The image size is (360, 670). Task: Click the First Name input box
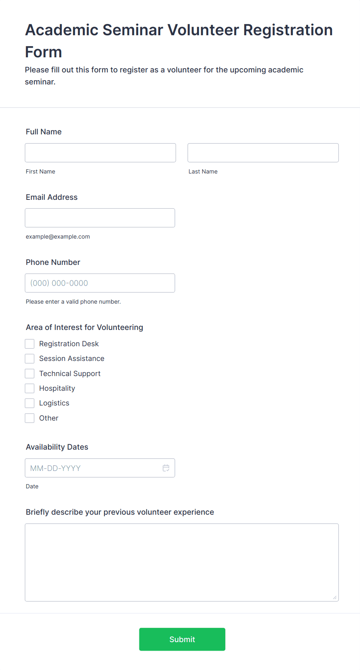click(x=100, y=153)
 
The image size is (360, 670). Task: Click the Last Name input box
click(x=263, y=153)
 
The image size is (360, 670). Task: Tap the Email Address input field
click(x=100, y=218)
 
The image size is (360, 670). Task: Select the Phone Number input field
click(x=100, y=283)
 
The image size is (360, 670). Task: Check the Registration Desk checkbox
click(x=30, y=344)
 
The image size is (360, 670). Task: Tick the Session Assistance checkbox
click(x=30, y=359)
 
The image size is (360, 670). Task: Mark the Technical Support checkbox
click(x=30, y=373)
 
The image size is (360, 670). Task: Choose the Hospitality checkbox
click(x=30, y=388)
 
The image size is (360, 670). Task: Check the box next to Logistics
click(x=30, y=403)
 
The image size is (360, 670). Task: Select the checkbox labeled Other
click(x=30, y=418)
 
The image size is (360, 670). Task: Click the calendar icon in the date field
click(x=166, y=468)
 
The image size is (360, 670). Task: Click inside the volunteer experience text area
click(x=182, y=562)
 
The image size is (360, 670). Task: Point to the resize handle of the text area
click(x=335, y=598)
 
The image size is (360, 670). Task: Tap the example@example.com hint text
click(x=58, y=237)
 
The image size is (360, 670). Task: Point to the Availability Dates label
click(x=57, y=447)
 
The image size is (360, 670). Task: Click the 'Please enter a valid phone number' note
click(x=73, y=302)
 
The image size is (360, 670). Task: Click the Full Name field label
click(x=44, y=132)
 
